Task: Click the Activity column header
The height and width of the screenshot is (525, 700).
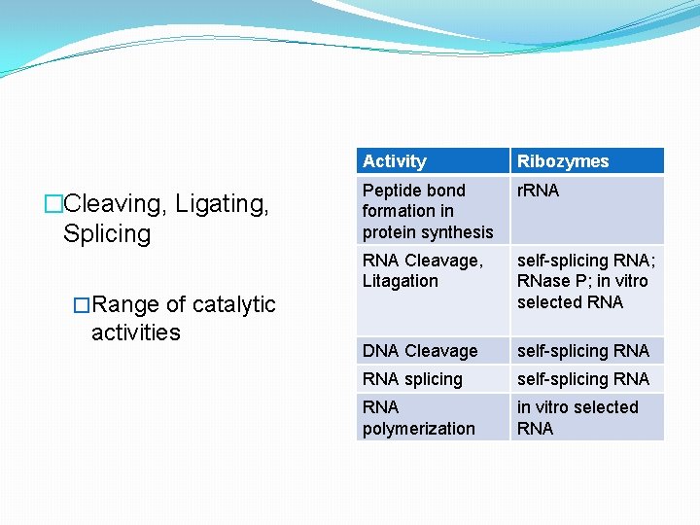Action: (395, 161)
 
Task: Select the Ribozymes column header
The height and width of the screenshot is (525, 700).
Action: (563, 161)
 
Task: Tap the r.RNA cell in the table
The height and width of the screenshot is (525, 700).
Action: (538, 191)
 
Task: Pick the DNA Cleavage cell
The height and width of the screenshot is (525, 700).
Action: (420, 351)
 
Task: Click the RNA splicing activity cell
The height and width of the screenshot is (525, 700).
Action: (412, 379)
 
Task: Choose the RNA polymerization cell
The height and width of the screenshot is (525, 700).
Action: (418, 418)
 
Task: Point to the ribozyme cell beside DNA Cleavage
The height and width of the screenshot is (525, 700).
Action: (582, 351)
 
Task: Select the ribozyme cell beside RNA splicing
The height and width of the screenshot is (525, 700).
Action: (582, 379)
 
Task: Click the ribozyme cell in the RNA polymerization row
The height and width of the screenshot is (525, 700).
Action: (577, 418)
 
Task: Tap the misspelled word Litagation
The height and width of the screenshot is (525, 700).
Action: (400, 281)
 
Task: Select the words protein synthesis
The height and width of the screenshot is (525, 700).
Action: (428, 232)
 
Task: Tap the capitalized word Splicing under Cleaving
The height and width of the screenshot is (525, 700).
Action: (107, 234)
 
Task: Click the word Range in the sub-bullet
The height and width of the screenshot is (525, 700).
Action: (126, 304)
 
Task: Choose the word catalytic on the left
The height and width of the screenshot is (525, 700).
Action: (234, 304)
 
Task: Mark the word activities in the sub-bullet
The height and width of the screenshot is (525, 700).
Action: (136, 332)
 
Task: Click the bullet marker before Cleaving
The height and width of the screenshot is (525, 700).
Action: (53, 204)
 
